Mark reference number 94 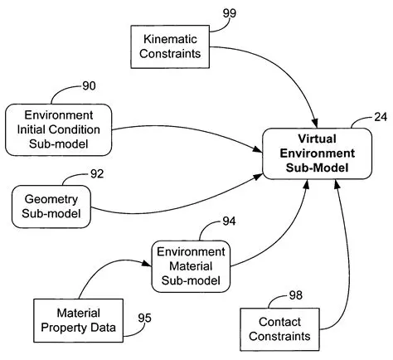pos(230,222)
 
